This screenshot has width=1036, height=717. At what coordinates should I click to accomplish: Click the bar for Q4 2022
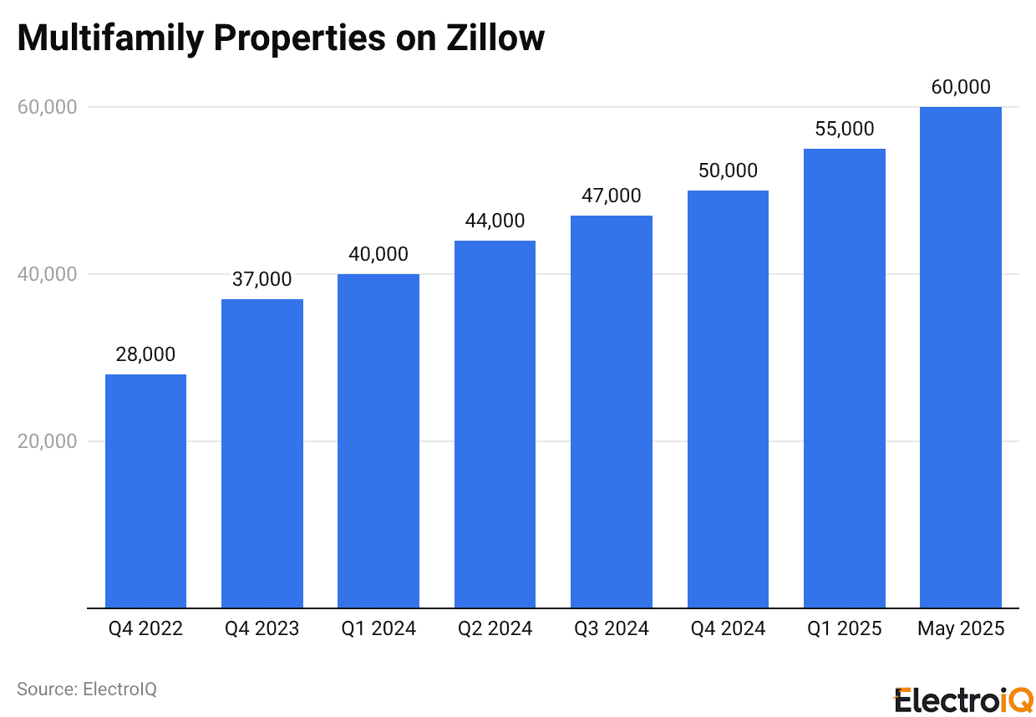[x=145, y=491]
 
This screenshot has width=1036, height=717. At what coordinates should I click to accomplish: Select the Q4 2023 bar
[x=262, y=453]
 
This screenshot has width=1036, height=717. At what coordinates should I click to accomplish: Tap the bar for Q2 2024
[x=495, y=424]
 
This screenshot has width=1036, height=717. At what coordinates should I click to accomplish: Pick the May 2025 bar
[x=960, y=357]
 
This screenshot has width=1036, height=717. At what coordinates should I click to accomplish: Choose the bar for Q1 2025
[x=844, y=378]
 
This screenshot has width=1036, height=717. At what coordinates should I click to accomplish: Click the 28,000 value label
[x=145, y=354]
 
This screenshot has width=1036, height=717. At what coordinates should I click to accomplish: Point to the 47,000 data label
[x=612, y=196]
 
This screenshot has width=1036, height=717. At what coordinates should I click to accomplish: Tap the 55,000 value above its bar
[x=844, y=129]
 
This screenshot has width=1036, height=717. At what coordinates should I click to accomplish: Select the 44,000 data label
[x=495, y=221]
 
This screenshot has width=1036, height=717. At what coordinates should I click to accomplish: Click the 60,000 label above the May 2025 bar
[x=960, y=87]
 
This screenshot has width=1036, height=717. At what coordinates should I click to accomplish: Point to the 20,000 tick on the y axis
[x=48, y=441]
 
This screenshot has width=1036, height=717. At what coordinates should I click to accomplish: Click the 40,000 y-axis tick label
[x=48, y=274]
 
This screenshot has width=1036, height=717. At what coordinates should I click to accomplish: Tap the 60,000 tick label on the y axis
[x=48, y=107]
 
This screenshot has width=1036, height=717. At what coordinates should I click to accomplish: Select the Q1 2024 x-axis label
[x=378, y=628]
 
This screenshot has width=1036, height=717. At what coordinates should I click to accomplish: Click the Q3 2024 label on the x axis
[x=612, y=628]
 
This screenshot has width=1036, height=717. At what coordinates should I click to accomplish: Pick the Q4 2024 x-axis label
[x=728, y=628]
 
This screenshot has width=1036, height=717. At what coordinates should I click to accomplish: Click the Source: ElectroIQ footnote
[x=87, y=689]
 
